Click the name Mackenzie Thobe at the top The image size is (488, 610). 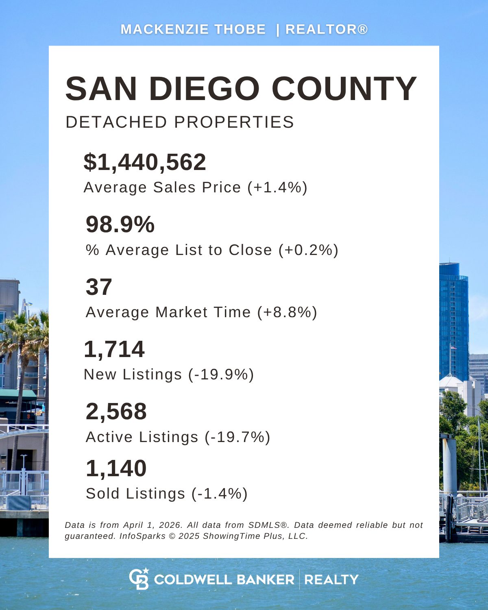click(x=193, y=29)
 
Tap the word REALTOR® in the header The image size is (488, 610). click(x=327, y=29)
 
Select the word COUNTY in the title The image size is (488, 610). click(x=344, y=89)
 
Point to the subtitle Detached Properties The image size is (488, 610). click(x=180, y=122)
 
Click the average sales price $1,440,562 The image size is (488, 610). click(x=145, y=162)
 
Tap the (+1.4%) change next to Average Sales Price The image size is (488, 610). click(x=277, y=187)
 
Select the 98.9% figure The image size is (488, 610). click(x=120, y=224)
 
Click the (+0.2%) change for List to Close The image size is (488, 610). click(x=308, y=250)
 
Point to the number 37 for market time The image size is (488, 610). click(x=99, y=287)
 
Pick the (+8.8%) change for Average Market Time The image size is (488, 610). click(x=287, y=312)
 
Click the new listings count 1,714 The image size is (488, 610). click(x=114, y=349)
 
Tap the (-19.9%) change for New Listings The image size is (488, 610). click(x=221, y=375)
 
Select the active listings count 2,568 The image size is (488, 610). click(x=116, y=411)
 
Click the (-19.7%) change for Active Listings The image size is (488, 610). click(x=237, y=437)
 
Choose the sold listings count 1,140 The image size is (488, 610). click(x=116, y=468)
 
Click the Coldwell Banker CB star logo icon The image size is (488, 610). click(x=139, y=579)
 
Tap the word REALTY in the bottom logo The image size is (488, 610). click(x=331, y=579)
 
